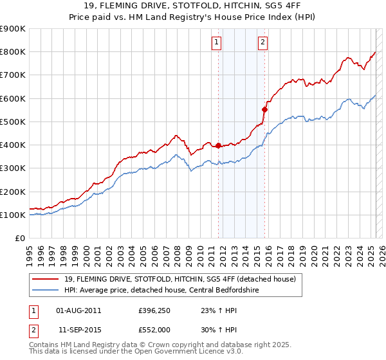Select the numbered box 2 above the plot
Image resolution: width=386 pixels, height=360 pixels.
[x=264, y=43]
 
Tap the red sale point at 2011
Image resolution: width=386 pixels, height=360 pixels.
[x=218, y=145]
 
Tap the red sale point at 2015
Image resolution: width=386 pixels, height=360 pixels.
[x=264, y=109]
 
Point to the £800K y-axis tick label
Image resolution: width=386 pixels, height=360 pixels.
[x=13, y=52]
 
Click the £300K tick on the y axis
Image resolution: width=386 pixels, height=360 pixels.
[x=13, y=168]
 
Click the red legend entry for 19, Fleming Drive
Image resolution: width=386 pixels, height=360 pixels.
[x=179, y=279]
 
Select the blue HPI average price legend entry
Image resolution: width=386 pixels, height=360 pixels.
[x=170, y=290]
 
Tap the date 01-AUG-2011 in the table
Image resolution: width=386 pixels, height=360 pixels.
[x=79, y=310]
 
